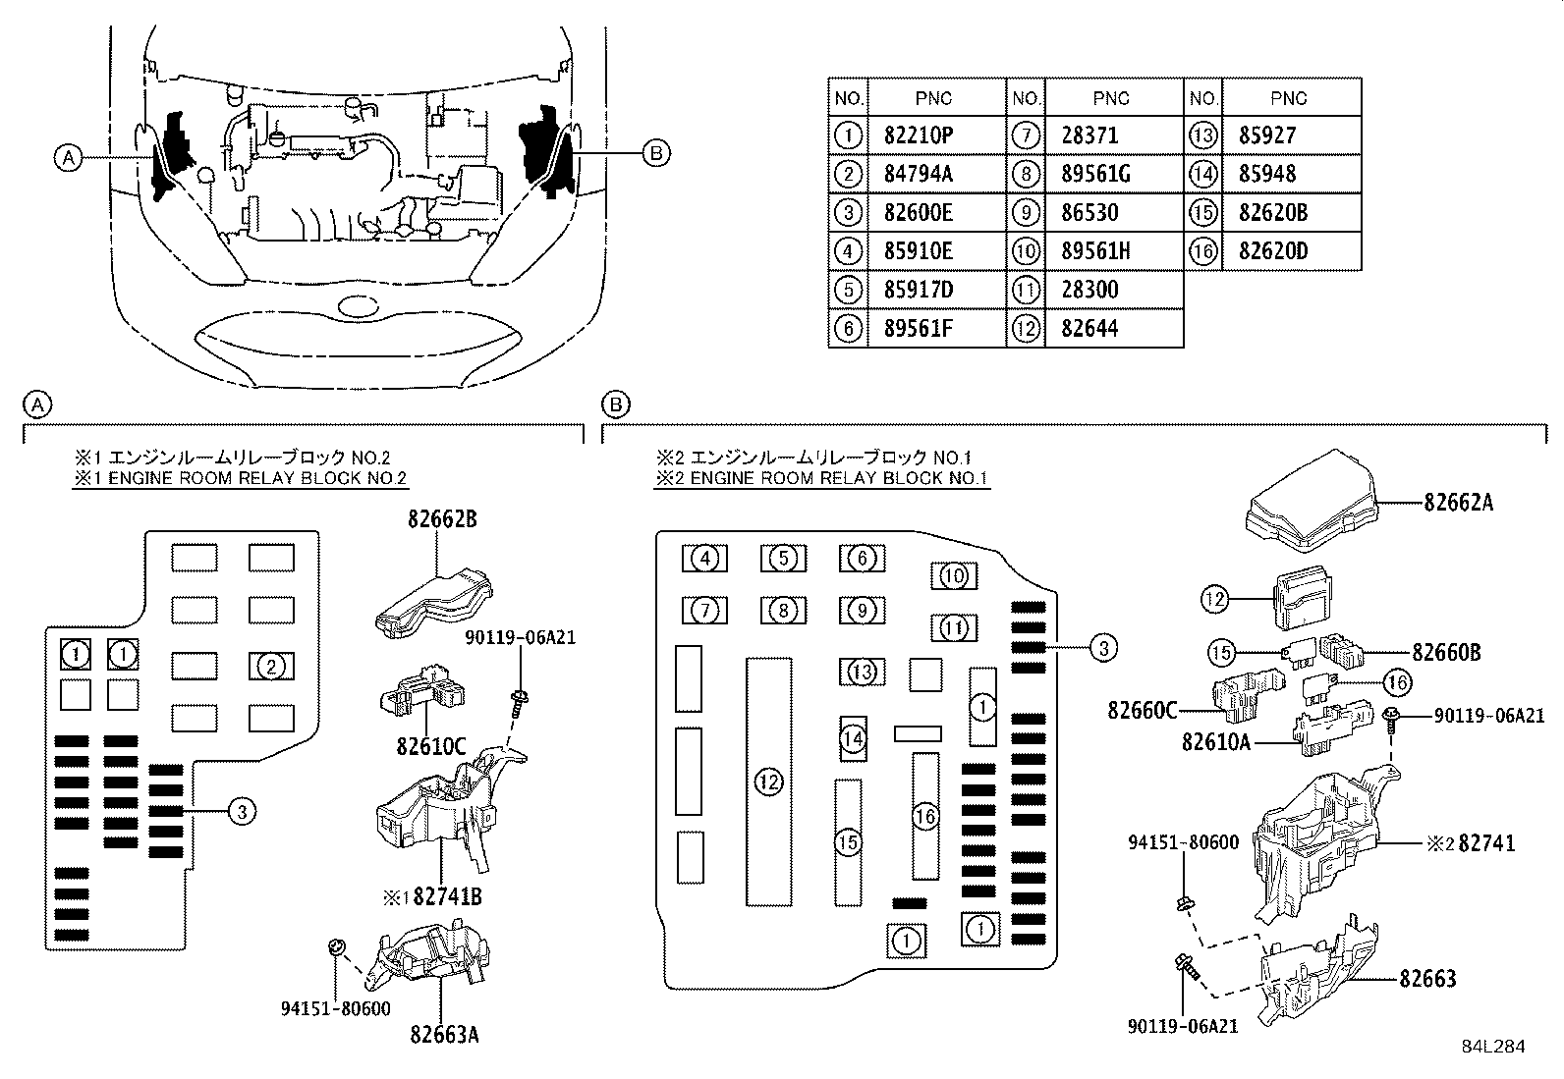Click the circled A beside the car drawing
67,157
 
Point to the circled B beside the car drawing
657,152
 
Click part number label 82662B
442,519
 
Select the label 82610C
431,745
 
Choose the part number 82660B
1446,652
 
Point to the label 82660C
1142,710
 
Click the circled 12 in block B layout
768,782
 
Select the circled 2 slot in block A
271,667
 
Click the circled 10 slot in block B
953,575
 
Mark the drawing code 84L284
1491,1047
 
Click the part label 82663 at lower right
1427,978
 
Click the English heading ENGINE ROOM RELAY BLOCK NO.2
241,478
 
